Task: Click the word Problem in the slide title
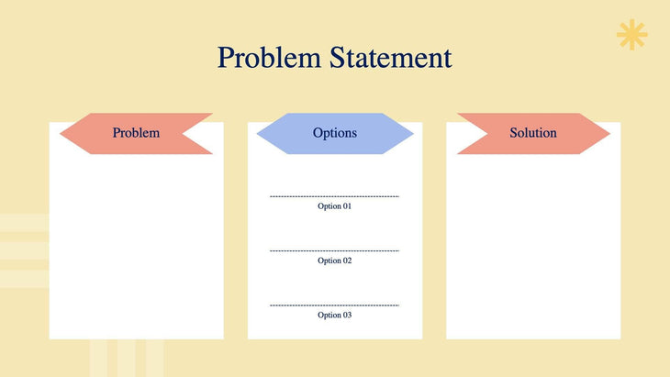click(x=269, y=58)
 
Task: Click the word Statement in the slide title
click(x=391, y=58)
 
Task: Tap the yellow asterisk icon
click(x=631, y=35)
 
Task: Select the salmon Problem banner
click(x=136, y=133)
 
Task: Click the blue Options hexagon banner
click(x=335, y=133)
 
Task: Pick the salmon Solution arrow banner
click(x=533, y=133)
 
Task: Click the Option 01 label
click(x=335, y=206)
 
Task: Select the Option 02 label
click(x=335, y=261)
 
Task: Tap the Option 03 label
click(x=335, y=315)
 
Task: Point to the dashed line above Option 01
click(x=335, y=196)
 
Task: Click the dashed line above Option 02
click(x=335, y=250)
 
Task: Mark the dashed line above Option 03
click(x=335, y=305)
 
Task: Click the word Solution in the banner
click(x=533, y=133)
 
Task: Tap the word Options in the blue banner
click(x=335, y=133)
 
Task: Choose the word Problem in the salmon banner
click(x=136, y=133)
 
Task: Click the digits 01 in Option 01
click(x=347, y=206)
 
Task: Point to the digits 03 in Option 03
click(x=347, y=315)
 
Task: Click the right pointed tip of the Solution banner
click(x=608, y=133)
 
